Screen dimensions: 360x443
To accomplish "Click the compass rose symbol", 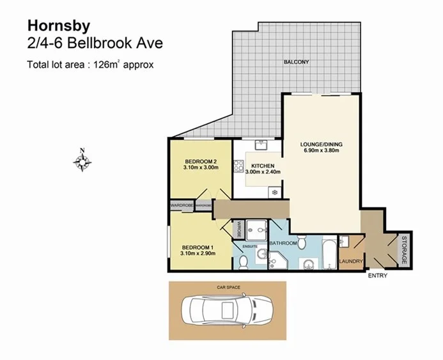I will pos(82,160).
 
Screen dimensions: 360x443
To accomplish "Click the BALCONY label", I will pos(296,62).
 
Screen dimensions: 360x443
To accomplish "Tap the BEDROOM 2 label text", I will pos(201,161).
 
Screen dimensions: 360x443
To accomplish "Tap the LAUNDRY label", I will pos(351,262).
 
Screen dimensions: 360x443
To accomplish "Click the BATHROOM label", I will pos(283,244).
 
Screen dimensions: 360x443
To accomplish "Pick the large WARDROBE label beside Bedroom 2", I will pos(182,205).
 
